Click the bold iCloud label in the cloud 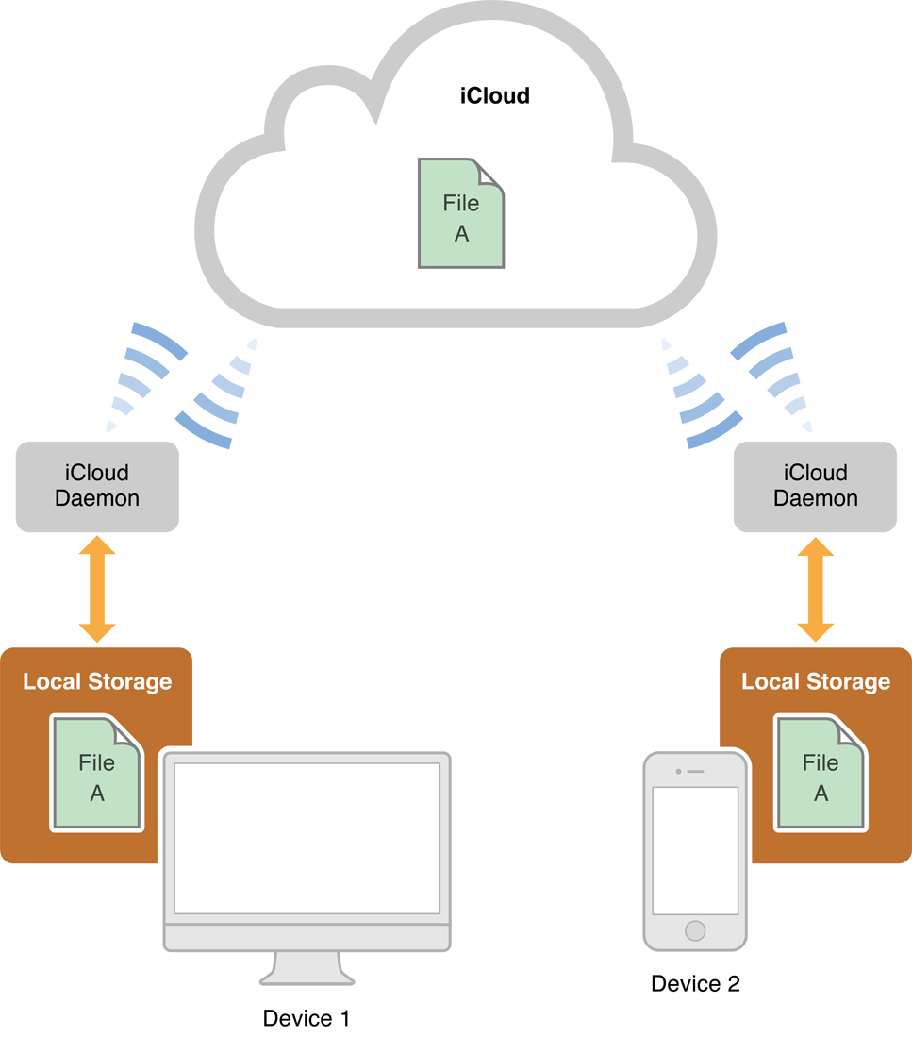click(494, 95)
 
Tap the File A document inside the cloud click(460, 215)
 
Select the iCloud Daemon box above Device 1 click(97, 486)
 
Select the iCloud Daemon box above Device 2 click(816, 486)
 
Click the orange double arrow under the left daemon click(97, 590)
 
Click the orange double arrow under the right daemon click(816, 590)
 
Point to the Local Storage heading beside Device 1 click(97, 681)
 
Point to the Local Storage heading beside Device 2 click(816, 681)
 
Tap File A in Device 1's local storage click(97, 776)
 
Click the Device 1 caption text click(307, 1018)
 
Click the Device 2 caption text click(695, 984)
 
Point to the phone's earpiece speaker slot click(695, 771)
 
